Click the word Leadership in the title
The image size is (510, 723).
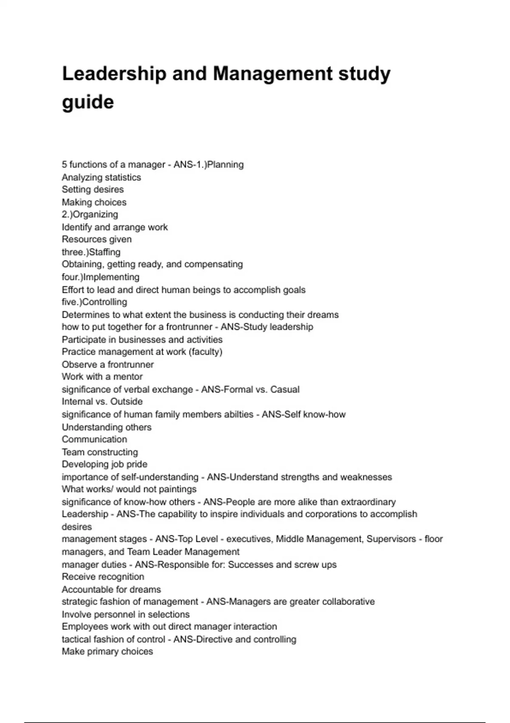tap(114, 74)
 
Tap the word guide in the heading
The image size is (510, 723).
tap(88, 102)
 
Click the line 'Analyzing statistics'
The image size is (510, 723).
tap(101, 177)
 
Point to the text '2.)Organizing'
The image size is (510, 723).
tap(90, 214)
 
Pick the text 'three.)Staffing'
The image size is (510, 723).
tap(91, 252)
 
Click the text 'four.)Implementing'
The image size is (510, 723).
tap(100, 277)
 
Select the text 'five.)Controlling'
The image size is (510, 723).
tap(94, 302)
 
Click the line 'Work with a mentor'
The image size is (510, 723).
tap(102, 377)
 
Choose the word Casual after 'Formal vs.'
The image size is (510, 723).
tap(285, 390)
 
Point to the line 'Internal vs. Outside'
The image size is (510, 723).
tap(102, 401)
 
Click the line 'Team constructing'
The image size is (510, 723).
tap(100, 452)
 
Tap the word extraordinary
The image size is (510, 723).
tap(368, 502)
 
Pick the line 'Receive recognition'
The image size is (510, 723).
tap(103, 577)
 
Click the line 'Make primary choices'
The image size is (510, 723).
tap(107, 652)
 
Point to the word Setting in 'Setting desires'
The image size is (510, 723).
tap(76, 190)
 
